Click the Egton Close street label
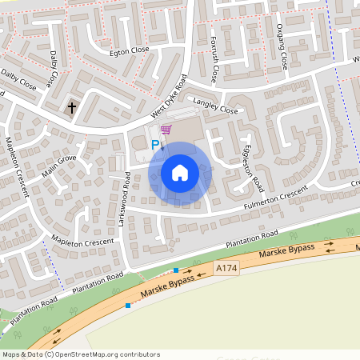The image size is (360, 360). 130,50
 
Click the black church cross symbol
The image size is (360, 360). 71,106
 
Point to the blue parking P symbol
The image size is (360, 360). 156,145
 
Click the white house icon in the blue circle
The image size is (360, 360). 180,172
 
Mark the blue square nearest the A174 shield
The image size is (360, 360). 176,270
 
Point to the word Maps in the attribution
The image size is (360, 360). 11,354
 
